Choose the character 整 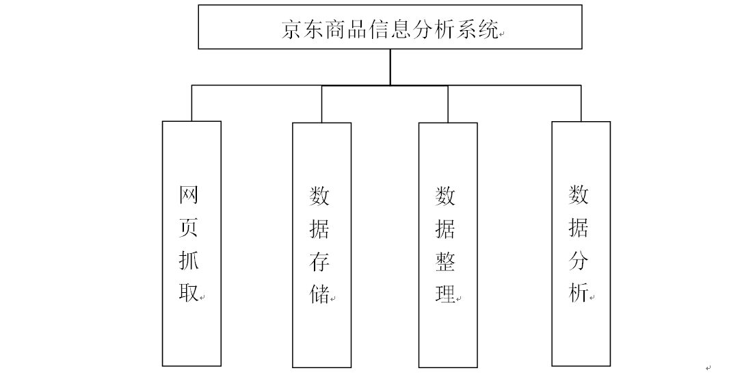[x=445, y=262]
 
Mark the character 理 [x=445, y=295]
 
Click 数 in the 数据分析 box [x=579, y=195]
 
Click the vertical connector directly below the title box [x=390, y=67]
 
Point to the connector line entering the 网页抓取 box [x=191, y=103]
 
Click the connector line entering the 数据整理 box [x=448, y=104]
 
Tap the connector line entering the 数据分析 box [x=581, y=103]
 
